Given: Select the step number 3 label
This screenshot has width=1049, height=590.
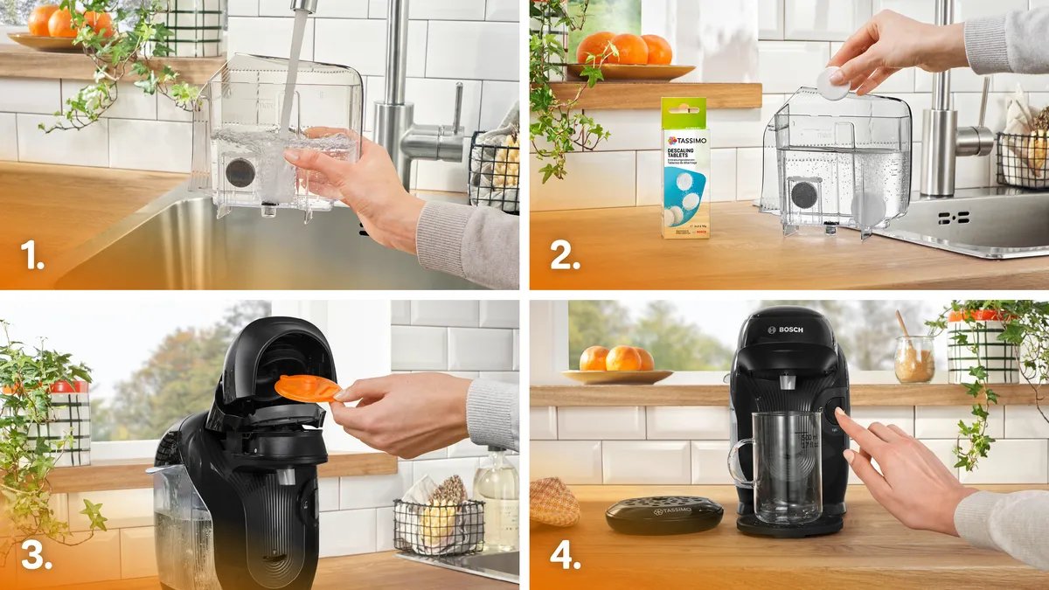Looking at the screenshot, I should (37, 556).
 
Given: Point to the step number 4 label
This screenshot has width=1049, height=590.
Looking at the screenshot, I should (566, 556).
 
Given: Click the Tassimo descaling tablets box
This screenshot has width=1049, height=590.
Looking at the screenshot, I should (685, 170).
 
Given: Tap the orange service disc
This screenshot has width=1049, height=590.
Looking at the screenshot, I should (307, 388).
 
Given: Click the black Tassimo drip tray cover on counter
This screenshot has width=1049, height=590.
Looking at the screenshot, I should (664, 514).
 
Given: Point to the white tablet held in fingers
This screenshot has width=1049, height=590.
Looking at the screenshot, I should (832, 83).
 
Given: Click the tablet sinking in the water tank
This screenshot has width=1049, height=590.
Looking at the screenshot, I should (867, 207).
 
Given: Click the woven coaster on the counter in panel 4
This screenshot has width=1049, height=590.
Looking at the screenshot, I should (554, 502).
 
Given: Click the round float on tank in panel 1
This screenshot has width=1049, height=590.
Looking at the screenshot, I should (240, 172).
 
